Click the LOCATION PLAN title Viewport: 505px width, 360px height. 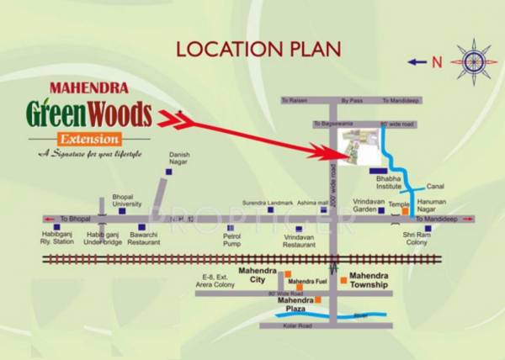258,48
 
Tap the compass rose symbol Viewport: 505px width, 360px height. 474,61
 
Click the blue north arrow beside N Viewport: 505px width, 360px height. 417,61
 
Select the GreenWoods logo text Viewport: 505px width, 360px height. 88,114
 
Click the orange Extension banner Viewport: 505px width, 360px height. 90,138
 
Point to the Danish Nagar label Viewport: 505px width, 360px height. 180,159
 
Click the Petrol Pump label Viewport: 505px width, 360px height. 231,240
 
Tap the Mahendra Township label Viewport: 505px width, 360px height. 369,280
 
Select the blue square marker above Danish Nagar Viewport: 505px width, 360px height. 168,172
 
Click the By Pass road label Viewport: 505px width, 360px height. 351,100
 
